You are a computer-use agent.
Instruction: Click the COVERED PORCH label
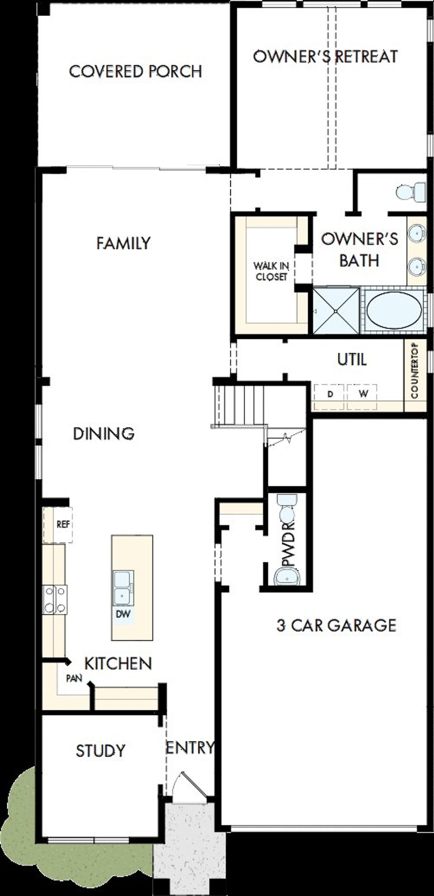[x=135, y=71]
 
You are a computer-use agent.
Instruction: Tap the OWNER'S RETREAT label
[x=325, y=57]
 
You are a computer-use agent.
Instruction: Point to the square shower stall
[x=336, y=311]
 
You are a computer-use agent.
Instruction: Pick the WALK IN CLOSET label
[x=271, y=272]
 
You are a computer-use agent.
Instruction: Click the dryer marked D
[x=330, y=394]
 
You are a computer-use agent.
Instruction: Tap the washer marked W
[x=363, y=394]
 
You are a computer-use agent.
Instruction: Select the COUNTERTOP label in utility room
[x=415, y=371]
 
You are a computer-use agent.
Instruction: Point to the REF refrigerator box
[x=63, y=525]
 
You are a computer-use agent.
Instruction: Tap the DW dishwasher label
[x=123, y=613]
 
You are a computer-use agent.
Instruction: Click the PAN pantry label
[x=74, y=678]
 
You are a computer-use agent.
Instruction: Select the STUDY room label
[x=100, y=751]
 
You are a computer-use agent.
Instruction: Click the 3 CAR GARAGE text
[x=336, y=625]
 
